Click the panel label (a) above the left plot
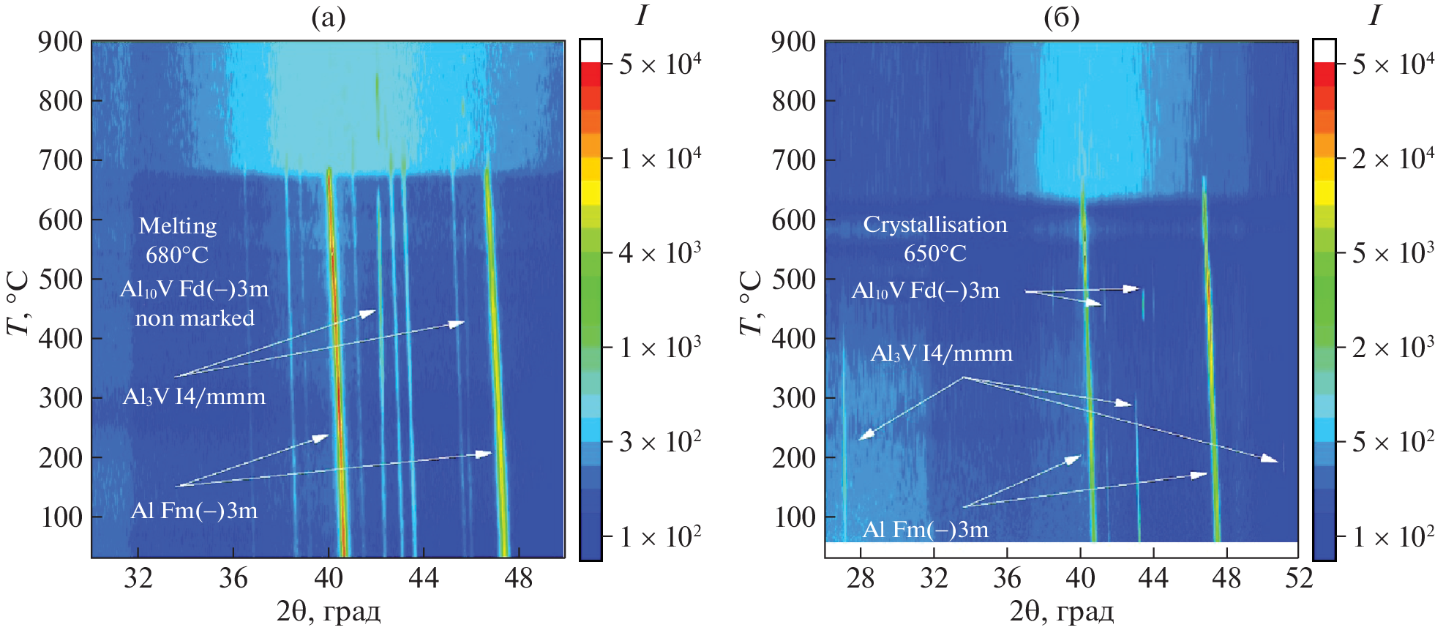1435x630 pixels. pyautogui.click(x=328, y=18)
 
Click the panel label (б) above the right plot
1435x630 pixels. pyautogui.click(x=1061, y=18)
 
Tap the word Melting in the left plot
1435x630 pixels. pyautogui.click(x=178, y=225)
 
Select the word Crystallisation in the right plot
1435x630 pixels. pyautogui.click(x=934, y=224)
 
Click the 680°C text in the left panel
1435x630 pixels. pyautogui.click(x=176, y=255)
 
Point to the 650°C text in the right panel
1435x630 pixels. pyautogui.click(x=934, y=253)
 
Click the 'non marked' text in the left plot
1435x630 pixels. pyautogui.click(x=195, y=318)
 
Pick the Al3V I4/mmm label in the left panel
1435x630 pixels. pyautogui.click(x=194, y=397)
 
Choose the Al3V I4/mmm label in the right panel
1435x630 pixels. pyautogui.click(x=941, y=353)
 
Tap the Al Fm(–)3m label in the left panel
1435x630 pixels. pyautogui.click(x=194, y=510)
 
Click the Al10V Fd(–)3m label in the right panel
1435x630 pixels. pyautogui.click(x=925, y=290)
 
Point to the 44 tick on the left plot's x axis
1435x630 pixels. pyautogui.click(x=423, y=579)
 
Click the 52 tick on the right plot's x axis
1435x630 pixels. pyautogui.click(x=1299, y=579)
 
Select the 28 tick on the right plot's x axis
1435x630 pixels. pyautogui.click(x=861, y=579)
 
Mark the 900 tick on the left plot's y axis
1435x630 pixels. pyautogui.click(x=60, y=42)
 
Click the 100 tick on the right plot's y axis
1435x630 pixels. pyautogui.click(x=793, y=517)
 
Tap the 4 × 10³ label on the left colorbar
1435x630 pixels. pyautogui.click(x=659, y=253)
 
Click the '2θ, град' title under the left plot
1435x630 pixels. pyautogui.click(x=328, y=610)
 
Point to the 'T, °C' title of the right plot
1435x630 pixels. pyautogui.click(x=752, y=303)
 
